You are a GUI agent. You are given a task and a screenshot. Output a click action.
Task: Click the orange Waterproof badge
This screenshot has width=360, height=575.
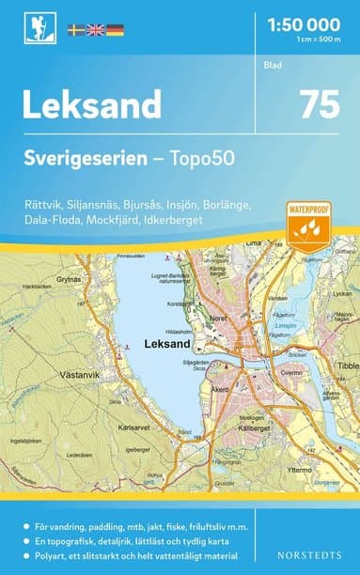click(x=308, y=223)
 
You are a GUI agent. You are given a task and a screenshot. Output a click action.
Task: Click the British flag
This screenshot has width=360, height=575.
click(x=96, y=30)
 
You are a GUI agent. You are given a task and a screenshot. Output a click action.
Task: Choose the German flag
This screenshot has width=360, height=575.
click(x=115, y=30)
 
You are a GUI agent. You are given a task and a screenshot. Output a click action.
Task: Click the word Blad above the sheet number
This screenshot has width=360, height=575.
click(x=272, y=65)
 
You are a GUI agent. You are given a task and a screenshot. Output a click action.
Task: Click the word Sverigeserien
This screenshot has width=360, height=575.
click(x=90, y=160)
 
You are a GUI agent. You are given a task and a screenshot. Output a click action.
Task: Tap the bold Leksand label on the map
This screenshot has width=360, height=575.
click(x=169, y=344)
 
